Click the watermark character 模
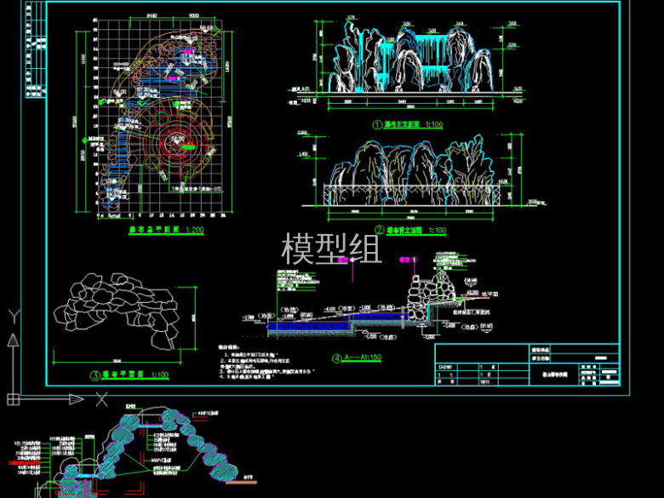299,248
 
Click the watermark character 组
363,248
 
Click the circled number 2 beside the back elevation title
378,229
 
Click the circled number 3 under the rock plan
94,374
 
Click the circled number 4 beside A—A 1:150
337,358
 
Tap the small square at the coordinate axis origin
13,398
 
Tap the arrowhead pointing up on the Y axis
13,340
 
